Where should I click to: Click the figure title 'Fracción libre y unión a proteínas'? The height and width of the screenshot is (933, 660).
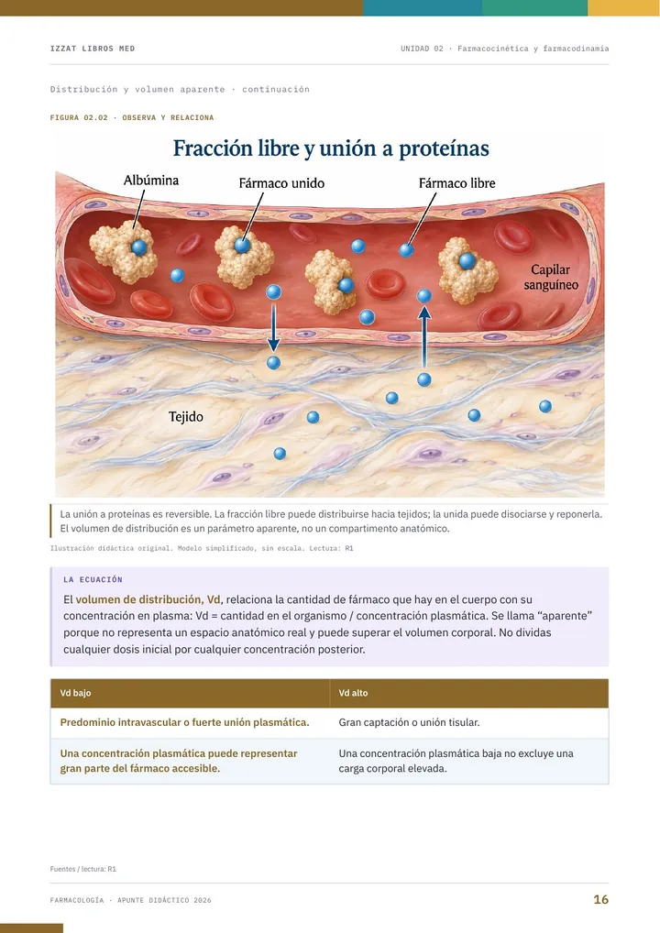coord(331,148)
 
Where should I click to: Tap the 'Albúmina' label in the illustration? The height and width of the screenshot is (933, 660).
coord(151,181)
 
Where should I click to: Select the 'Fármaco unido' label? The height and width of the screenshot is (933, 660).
coord(281,183)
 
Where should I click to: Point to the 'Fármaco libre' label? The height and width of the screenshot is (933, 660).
coord(457,183)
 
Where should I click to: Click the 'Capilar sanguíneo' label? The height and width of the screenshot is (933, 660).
coord(551,278)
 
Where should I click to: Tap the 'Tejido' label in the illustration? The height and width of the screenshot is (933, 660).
coord(186,416)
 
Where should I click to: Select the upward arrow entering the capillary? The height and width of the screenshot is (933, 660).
coord(424,337)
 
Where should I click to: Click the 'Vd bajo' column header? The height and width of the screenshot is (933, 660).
coord(75,693)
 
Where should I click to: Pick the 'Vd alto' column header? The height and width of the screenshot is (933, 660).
coord(354,693)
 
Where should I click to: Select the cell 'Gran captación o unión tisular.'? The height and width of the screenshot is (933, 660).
coord(409,722)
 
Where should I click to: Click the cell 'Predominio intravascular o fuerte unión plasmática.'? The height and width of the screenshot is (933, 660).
coord(184,722)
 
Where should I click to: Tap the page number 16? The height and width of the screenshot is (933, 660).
coord(601,900)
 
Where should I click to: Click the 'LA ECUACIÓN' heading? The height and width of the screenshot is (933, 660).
coord(93,579)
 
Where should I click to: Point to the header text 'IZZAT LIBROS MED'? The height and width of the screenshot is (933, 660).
coord(93,49)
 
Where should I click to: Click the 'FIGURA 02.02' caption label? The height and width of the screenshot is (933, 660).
coord(79,118)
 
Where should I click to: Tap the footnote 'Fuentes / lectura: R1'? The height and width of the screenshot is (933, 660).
coord(83,869)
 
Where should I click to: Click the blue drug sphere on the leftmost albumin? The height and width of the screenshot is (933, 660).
coord(138,247)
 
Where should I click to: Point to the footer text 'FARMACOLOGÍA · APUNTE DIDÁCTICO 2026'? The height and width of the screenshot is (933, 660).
coord(131,900)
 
